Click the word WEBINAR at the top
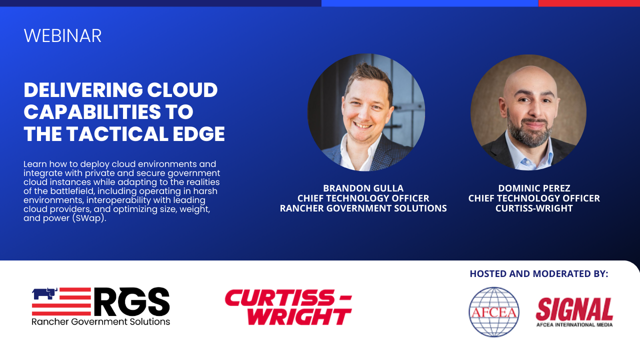click(x=62, y=35)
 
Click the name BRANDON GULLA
click(x=363, y=188)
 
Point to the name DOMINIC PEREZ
click(x=534, y=188)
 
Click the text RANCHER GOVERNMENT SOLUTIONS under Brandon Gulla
click(x=363, y=208)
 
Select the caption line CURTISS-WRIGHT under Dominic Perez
click(x=534, y=208)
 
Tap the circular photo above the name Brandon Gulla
click(x=366, y=112)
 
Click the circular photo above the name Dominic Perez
click(x=528, y=112)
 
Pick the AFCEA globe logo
click(x=494, y=312)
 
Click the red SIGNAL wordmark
click(x=574, y=309)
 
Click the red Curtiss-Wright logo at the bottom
click(x=288, y=307)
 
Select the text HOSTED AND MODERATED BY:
click(x=539, y=273)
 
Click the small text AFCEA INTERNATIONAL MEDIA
click(x=574, y=324)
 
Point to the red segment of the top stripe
click(x=589, y=3)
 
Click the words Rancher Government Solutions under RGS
click(x=100, y=321)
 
